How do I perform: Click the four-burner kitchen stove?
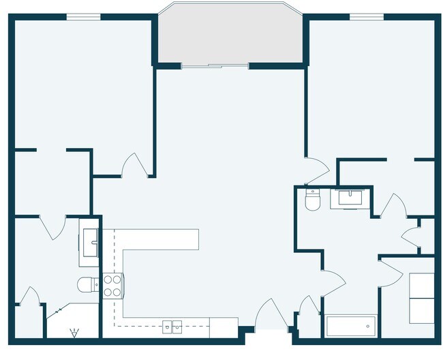pos(112,285)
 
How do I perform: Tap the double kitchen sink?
pos(172,327)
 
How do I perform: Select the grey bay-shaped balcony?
pos(230,34)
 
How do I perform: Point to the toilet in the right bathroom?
pos(312,200)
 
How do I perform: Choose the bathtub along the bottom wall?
pos(351,326)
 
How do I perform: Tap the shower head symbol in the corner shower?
pos(74,333)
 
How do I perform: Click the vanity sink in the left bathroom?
pos(89,238)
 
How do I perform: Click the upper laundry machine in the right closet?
pos(421,286)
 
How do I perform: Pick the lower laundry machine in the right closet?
pos(421,311)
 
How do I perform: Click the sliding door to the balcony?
pos(215,66)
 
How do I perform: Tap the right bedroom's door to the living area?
pos(316,171)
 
